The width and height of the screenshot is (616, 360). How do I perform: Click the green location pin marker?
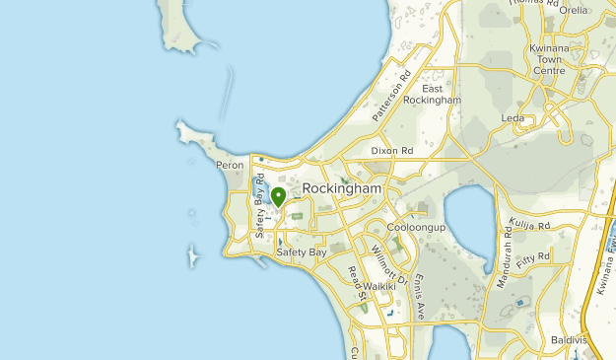click(x=279, y=196)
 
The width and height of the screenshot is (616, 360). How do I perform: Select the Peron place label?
click(x=230, y=166)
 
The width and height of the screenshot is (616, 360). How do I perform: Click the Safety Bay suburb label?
click(x=301, y=252)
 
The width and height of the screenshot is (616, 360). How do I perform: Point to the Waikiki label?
click(x=378, y=286)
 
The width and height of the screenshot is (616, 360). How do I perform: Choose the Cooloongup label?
click(x=417, y=227)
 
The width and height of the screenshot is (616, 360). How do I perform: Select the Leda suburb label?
click(x=513, y=118)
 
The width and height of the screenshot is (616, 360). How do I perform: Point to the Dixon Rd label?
click(x=392, y=151)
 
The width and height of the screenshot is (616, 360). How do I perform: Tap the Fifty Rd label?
click(x=537, y=255)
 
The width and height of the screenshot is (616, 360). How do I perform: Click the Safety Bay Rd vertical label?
click(x=260, y=212)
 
